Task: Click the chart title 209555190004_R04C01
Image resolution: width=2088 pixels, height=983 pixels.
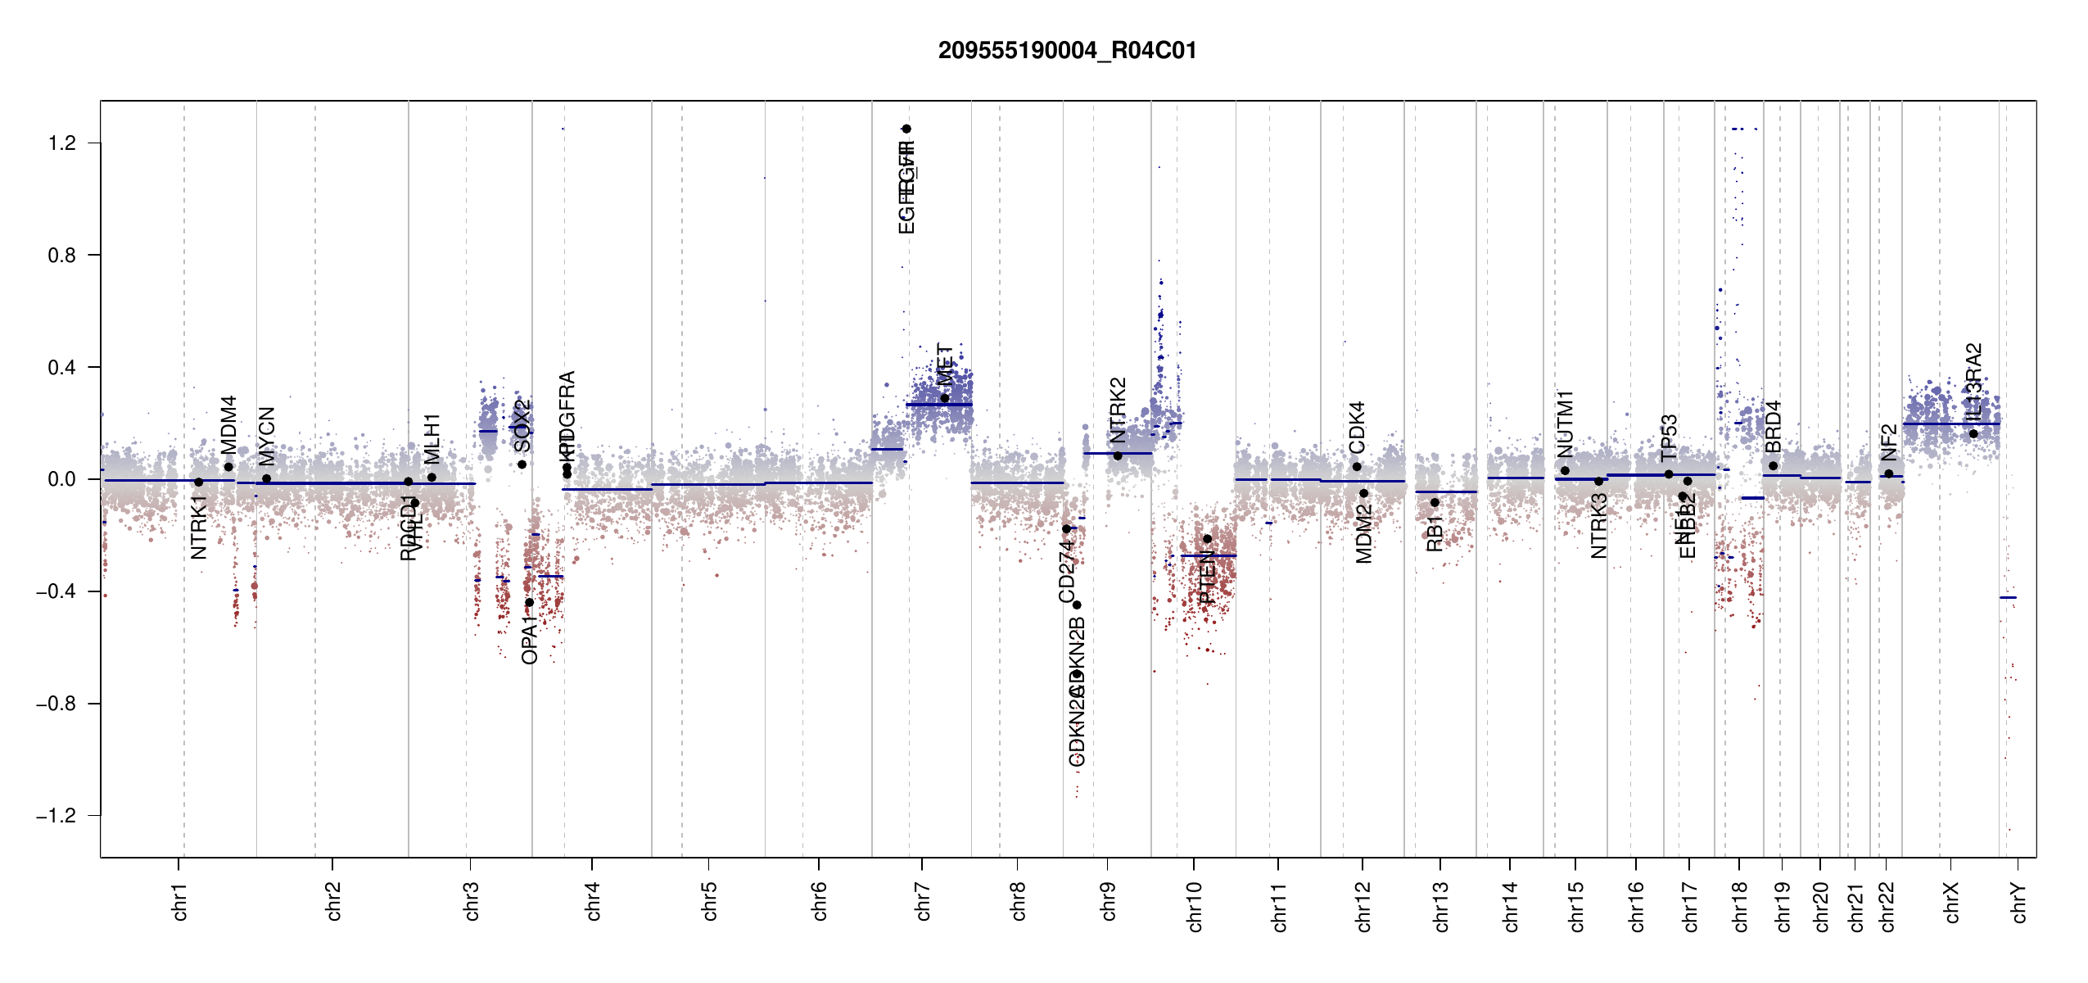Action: coord(1067,51)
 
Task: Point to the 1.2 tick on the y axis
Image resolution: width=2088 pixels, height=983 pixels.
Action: coord(62,143)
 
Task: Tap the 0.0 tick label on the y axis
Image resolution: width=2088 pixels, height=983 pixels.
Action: coord(62,479)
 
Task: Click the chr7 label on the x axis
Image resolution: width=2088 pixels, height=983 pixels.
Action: coord(923,901)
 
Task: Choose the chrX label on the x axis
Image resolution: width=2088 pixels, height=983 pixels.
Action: coord(1951,902)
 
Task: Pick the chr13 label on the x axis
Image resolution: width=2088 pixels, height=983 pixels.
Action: coord(1441,906)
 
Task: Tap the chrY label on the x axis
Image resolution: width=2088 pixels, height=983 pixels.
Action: coord(2019,902)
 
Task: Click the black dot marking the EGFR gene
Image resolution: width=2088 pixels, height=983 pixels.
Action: coord(906,129)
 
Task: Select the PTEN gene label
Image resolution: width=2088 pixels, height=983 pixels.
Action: coord(1207,577)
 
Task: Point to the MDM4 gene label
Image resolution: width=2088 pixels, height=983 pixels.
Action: coord(228,424)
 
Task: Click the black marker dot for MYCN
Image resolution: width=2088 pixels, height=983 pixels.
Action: coord(266,478)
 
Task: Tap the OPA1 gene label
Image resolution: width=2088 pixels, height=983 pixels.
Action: coord(529,639)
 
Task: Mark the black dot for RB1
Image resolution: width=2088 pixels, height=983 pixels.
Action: coord(1435,502)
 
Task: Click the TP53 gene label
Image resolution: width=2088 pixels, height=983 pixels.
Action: coord(1669,437)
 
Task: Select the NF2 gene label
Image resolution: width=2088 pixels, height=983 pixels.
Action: coord(1888,442)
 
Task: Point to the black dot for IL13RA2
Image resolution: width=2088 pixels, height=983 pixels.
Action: coord(1973,433)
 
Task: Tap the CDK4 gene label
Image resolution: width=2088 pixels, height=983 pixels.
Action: coord(1357,427)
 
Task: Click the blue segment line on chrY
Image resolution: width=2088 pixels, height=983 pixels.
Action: coord(2008,597)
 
